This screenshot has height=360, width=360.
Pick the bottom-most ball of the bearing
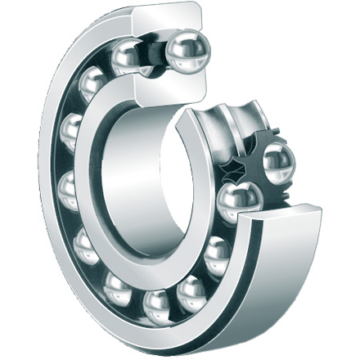pyautogui.click(x=156, y=307)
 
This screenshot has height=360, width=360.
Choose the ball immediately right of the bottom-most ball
pyautogui.click(x=192, y=291)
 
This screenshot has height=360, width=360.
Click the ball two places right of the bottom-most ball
pyautogui.click(x=218, y=257)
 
